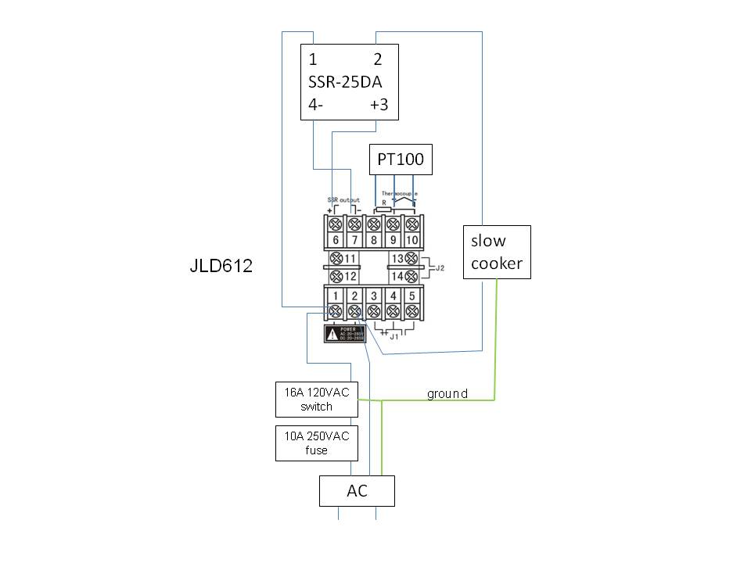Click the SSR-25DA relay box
(x=350, y=82)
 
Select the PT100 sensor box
(x=400, y=160)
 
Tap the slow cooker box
(x=497, y=252)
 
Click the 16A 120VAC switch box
(x=316, y=400)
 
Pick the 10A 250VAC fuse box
(x=316, y=443)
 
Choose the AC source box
(x=357, y=491)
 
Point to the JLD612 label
(x=221, y=267)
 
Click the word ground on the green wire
(x=447, y=393)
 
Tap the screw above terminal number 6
(x=336, y=224)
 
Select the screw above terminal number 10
(x=412, y=224)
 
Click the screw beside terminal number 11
(x=336, y=258)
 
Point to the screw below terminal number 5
(x=412, y=312)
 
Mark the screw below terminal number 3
(x=374, y=312)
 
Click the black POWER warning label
(x=345, y=334)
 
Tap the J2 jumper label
(x=440, y=267)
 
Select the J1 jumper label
(x=394, y=337)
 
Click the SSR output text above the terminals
(x=343, y=200)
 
